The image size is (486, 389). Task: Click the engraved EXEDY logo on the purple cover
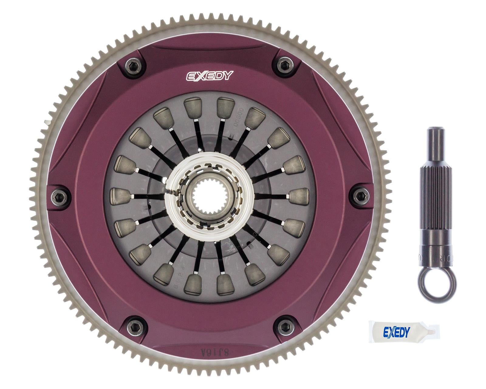coord(209,76)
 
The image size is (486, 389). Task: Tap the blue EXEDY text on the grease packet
coord(396,332)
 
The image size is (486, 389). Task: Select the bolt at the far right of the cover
coord(361,195)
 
